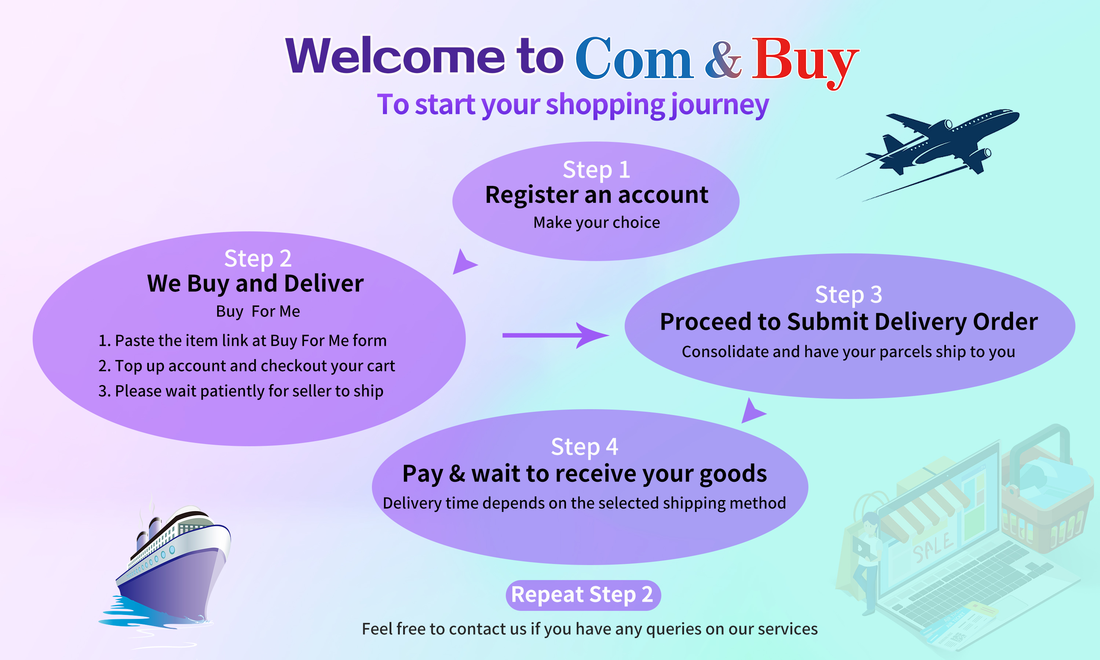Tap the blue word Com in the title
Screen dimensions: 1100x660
tap(634, 58)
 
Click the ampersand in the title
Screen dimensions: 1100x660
tap(723, 59)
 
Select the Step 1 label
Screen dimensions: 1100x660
tap(596, 169)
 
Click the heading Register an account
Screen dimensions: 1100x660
tap(596, 195)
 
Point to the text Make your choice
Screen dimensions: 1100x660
tap(596, 222)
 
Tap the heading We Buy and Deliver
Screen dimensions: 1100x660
tap(255, 284)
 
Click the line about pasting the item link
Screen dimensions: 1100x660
tap(242, 341)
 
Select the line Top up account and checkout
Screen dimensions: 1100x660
tap(246, 366)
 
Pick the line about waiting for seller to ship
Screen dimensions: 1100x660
tap(241, 391)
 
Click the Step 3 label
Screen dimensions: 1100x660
tap(848, 294)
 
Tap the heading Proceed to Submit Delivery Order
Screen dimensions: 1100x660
tap(849, 322)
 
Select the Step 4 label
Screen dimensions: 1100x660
tap(584, 447)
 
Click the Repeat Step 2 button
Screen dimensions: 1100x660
tap(583, 595)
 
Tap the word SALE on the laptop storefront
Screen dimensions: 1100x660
tap(933, 547)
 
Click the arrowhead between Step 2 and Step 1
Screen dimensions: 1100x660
tap(463, 263)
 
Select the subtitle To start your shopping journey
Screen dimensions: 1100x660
tap(573, 105)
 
